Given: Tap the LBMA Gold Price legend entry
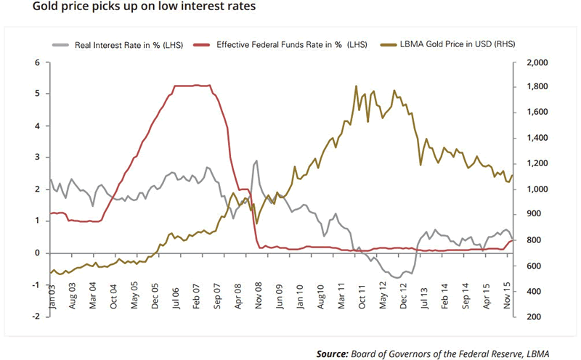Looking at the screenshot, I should pos(445,44).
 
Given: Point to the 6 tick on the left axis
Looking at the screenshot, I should pos(37,62).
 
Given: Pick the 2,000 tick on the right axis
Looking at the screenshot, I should pos(530,62).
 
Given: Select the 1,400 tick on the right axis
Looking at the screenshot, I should pos(530,139).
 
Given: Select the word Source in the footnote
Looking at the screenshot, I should pos(331,353).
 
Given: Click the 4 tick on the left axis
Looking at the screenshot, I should pos(37,126).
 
